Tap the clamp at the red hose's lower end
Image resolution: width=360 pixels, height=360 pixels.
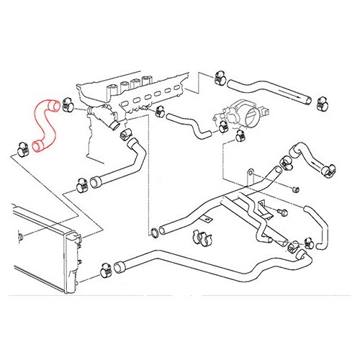coord(19,149)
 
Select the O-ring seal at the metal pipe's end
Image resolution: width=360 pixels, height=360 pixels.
coord(153,232)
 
